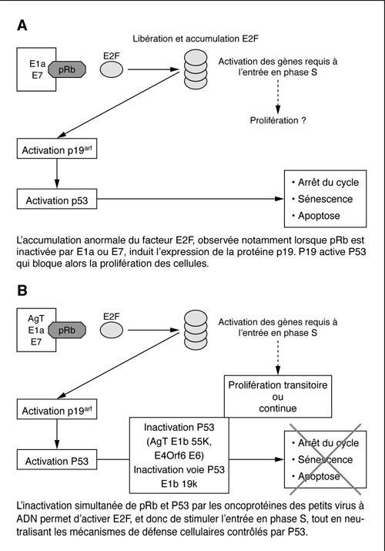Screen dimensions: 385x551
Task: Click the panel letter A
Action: tap(22, 25)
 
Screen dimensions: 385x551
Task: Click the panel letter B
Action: tap(22, 291)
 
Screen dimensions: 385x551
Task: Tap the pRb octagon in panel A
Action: tap(67, 69)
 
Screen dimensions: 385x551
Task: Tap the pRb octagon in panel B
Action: tap(67, 331)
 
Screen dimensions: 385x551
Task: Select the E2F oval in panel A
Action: tap(112, 69)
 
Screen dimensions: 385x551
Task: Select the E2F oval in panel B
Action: tap(112, 331)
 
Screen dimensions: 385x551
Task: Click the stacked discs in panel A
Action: tap(196, 69)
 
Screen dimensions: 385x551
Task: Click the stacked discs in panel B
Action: tap(196, 330)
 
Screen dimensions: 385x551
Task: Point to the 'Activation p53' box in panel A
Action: tap(57, 199)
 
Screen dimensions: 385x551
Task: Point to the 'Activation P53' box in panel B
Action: tap(57, 459)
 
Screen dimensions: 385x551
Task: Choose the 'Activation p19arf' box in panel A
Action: tap(57, 149)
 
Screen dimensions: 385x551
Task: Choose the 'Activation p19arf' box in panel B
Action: tap(57, 409)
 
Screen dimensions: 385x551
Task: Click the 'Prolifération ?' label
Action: tap(278, 120)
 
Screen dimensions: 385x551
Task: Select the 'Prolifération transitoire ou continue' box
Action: tap(278, 396)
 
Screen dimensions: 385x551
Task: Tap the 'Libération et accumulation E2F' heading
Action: tap(196, 39)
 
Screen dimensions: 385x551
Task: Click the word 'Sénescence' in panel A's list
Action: tap(326, 199)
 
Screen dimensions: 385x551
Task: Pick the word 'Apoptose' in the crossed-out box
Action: tap(319, 476)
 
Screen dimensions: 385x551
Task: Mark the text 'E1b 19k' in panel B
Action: tap(179, 484)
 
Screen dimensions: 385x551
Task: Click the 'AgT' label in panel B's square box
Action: tap(36, 319)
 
